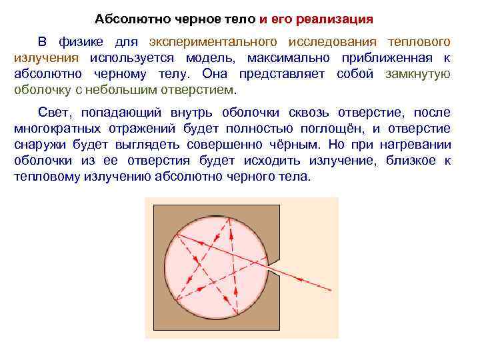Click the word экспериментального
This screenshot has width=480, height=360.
213,42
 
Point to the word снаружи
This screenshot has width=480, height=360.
41,145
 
